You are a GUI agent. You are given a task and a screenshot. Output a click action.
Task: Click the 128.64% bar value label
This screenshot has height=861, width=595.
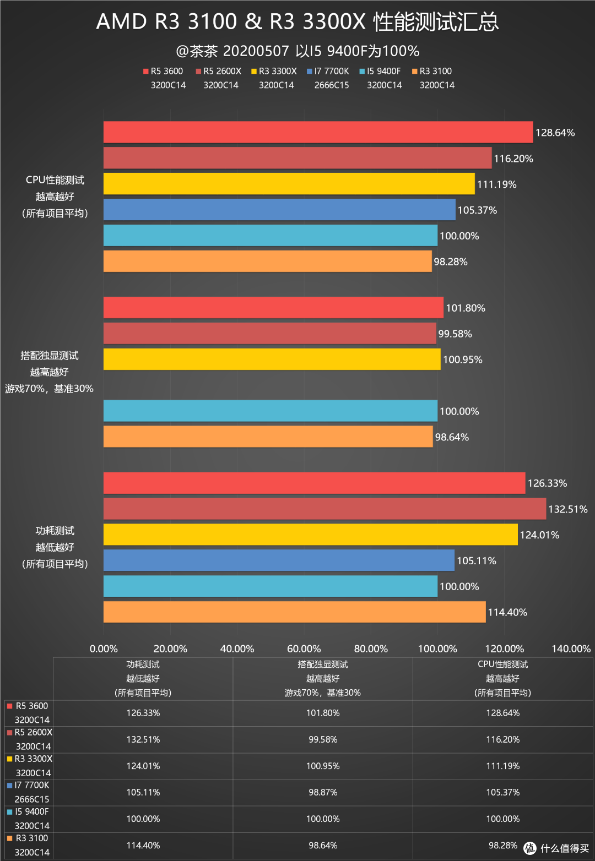(x=555, y=133)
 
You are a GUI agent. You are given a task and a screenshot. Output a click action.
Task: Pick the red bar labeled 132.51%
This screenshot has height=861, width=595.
(x=324, y=509)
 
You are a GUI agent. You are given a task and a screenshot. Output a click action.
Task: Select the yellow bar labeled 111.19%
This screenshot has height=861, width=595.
(x=289, y=184)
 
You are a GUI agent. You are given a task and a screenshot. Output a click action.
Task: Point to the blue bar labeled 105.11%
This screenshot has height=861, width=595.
(x=279, y=560)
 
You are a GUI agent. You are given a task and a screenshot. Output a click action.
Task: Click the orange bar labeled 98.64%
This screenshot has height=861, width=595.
(x=268, y=437)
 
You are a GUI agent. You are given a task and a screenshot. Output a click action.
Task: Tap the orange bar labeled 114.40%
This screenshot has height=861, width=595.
(x=294, y=612)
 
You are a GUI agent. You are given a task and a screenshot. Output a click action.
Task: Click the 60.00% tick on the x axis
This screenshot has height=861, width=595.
(x=304, y=649)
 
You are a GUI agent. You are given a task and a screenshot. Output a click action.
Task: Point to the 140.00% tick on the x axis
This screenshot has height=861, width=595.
(x=571, y=649)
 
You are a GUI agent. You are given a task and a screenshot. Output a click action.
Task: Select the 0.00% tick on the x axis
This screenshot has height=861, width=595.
(x=104, y=649)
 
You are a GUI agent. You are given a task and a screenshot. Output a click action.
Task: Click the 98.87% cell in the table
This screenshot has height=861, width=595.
(x=323, y=792)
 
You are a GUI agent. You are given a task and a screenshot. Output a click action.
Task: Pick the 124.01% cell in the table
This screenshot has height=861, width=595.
(x=143, y=766)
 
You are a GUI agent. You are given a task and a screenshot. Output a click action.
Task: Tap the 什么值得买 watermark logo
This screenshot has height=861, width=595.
(x=556, y=848)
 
